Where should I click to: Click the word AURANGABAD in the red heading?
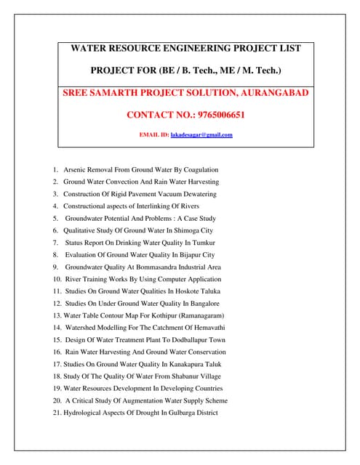(271, 93)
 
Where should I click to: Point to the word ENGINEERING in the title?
(177, 49)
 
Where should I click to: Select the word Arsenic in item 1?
(75, 169)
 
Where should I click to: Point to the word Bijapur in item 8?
(185, 254)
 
